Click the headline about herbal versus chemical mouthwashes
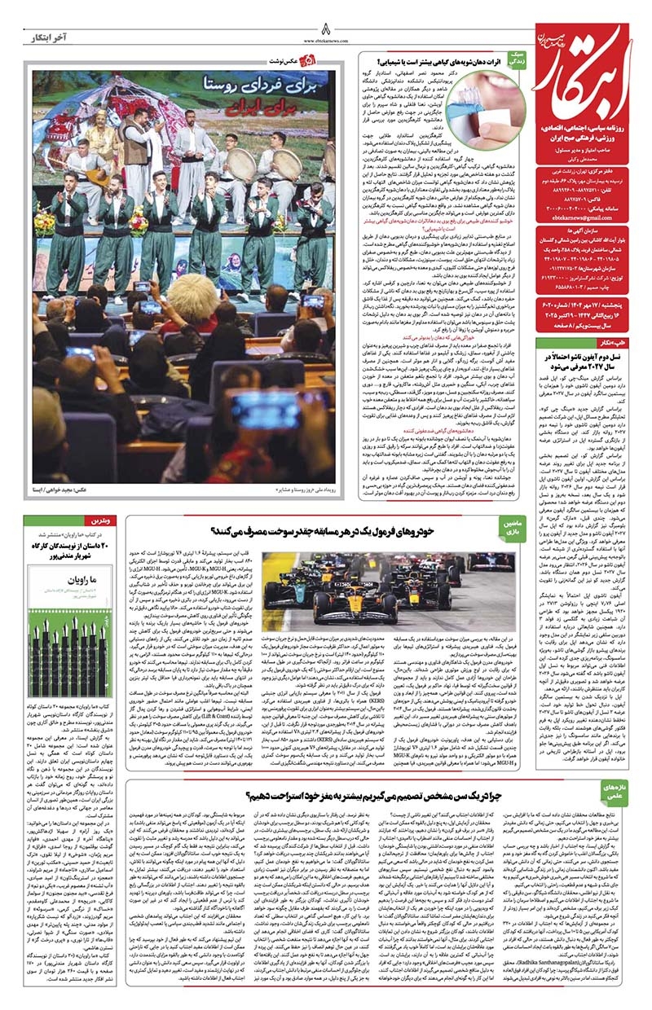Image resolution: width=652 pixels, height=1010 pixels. tap(441, 61)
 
